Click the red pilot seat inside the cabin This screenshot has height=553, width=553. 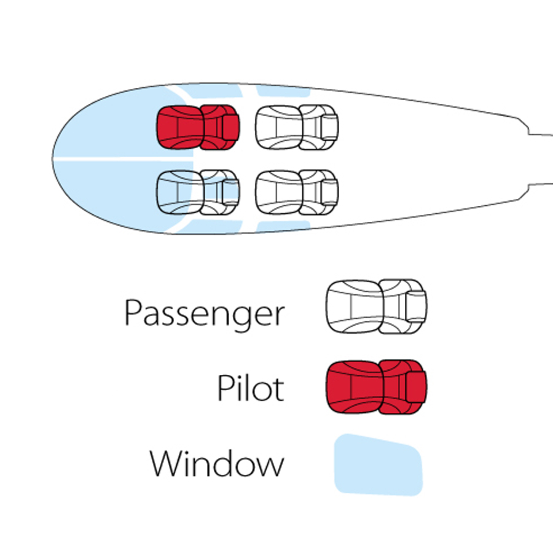pos(198,127)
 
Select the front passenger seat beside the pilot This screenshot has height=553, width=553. pos(198,192)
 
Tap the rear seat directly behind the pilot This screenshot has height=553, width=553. pos(297,127)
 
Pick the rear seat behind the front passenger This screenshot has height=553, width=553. pos(297,192)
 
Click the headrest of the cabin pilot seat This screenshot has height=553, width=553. pos(231,127)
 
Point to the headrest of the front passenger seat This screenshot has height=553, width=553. pos(231,192)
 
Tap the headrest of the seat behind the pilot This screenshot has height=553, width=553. pos(330,127)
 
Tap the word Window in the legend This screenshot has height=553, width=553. pos(217,463)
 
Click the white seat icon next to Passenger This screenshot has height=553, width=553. pos(376,307)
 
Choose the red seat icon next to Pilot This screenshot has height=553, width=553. pos(376,387)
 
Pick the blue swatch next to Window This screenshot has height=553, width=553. pos(378,465)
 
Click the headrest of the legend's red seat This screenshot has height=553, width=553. pos(416,387)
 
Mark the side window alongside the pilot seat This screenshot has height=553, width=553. pos(211,91)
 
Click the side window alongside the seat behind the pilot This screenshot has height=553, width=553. pos(283,91)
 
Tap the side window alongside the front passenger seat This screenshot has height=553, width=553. pos(211,226)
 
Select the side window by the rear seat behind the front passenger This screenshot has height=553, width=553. pos(283,226)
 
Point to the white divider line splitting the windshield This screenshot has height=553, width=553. pos(123,160)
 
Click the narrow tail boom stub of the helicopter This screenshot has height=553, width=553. pos(540,159)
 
